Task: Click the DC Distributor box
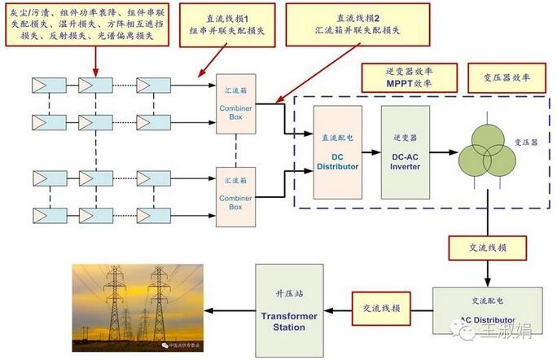click(337, 152)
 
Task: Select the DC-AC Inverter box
click(405, 152)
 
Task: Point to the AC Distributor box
click(476, 310)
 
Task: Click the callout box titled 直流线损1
click(228, 24)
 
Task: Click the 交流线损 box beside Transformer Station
click(375, 307)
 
